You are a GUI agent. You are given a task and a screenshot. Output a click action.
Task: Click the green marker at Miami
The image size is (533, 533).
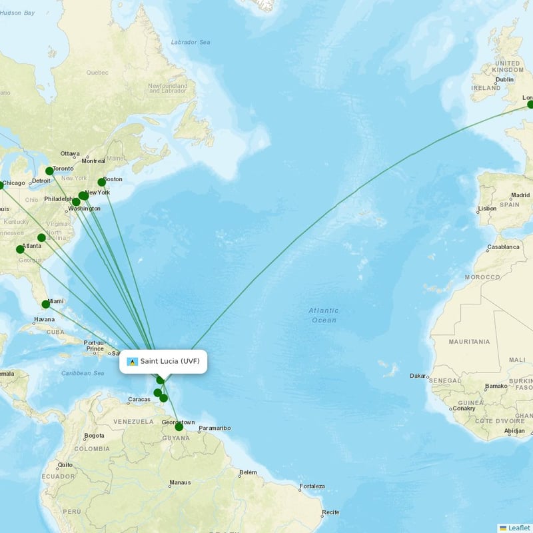[46, 304]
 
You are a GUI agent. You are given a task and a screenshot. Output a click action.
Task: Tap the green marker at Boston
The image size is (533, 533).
[102, 182]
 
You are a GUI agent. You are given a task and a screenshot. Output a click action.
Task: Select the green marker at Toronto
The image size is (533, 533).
[49, 171]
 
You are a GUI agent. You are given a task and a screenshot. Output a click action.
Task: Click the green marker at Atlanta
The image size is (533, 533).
[20, 249]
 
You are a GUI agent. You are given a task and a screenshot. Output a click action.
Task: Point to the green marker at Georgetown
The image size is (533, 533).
[179, 426]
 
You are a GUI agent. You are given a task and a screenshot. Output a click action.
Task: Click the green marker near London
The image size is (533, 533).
[530, 105]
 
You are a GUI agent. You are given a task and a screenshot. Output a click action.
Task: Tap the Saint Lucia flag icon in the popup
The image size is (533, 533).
[132, 362]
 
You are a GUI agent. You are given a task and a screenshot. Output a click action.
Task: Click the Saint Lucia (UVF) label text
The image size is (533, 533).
[169, 361]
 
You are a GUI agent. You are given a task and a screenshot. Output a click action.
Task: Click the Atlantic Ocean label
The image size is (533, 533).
[324, 315]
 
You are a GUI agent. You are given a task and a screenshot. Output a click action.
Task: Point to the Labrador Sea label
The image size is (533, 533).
[191, 43]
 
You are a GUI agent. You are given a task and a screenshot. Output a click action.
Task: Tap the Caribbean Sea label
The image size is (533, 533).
[83, 373]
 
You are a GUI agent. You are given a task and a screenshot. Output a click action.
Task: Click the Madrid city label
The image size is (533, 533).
[520, 196]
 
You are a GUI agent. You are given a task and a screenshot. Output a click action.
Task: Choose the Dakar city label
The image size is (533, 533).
[418, 376]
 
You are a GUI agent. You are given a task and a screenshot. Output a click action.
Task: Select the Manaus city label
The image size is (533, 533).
[180, 483]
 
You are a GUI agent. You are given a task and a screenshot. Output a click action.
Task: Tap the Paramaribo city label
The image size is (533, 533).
[215, 428]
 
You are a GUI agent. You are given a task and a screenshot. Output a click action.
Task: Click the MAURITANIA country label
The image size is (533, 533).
[469, 342]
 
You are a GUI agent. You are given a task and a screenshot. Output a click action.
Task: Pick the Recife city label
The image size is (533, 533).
[330, 512]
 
